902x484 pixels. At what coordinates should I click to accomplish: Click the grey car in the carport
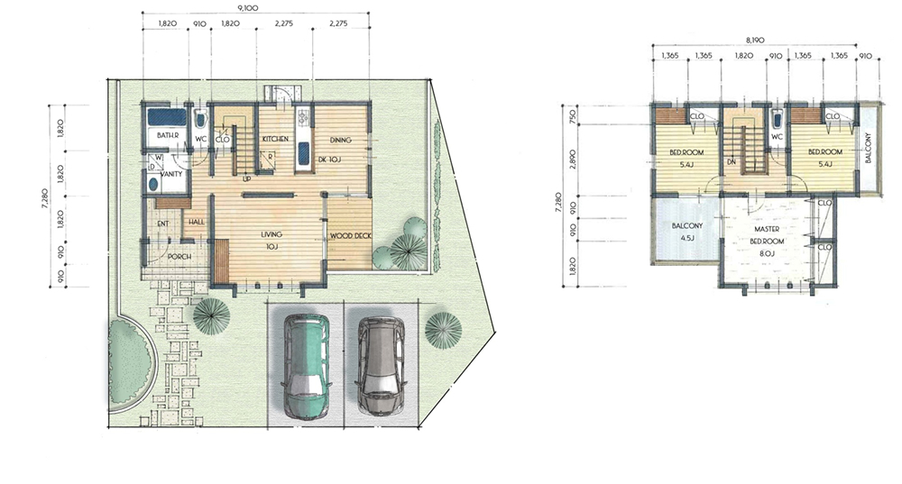(x=381, y=364)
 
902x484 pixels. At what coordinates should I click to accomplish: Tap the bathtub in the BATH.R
(x=167, y=116)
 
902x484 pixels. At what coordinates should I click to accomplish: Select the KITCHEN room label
(x=275, y=139)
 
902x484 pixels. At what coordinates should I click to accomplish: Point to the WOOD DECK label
(x=351, y=235)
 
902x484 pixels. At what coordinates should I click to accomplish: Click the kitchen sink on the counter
(x=303, y=153)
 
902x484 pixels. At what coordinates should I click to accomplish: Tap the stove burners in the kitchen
(x=303, y=118)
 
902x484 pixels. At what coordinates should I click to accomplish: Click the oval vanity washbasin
(x=153, y=184)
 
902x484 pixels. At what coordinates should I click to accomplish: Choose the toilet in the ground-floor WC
(x=200, y=120)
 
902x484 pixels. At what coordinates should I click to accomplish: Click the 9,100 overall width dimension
(x=248, y=7)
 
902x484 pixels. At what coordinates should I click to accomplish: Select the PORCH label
(x=179, y=256)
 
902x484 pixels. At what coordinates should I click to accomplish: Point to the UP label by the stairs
(x=247, y=178)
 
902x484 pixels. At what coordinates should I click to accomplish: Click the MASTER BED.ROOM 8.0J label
(x=767, y=241)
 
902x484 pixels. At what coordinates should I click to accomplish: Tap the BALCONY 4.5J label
(x=686, y=232)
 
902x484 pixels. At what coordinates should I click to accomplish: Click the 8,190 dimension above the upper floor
(x=755, y=40)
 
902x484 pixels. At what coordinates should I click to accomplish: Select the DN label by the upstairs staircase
(x=732, y=162)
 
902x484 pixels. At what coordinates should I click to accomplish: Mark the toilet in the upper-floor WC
(x=777, y=120)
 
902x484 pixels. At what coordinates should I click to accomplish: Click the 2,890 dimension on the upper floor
(x=573, y=160)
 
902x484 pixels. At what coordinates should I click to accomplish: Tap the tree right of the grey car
(x=443, y=329)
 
